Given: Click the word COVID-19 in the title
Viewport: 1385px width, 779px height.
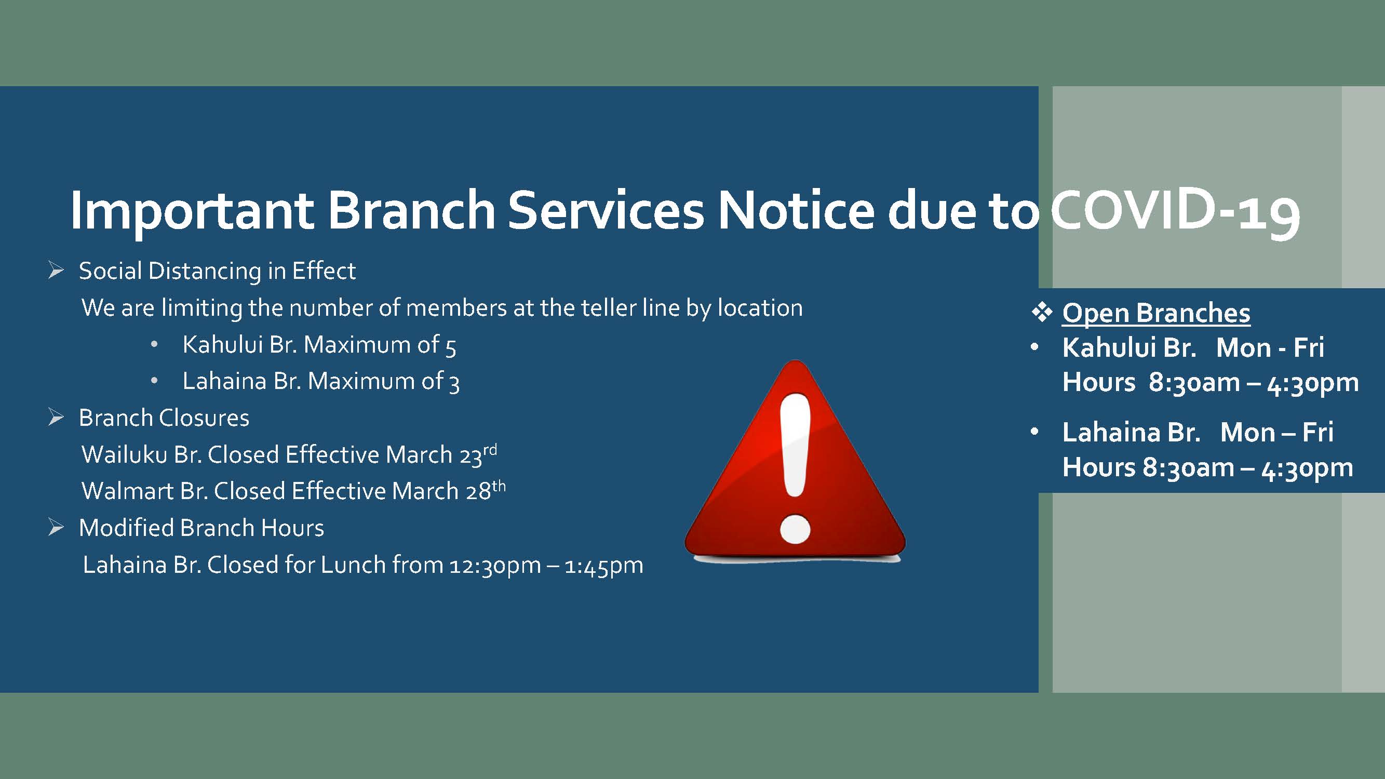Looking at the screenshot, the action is [x=1175, y=211].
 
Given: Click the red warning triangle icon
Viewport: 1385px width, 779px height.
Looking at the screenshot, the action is [x=795, y=461].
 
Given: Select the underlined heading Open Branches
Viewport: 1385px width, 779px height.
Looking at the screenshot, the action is [x=1156, y=313].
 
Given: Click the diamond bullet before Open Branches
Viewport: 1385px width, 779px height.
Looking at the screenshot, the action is [x=1041, y=312].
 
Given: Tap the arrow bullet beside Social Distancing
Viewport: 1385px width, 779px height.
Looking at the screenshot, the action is [x=56, y=271].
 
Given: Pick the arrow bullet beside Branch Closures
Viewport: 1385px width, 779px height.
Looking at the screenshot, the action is [x=56, y=417].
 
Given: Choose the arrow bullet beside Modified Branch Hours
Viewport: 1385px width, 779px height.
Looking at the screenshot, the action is [x=56, y=528].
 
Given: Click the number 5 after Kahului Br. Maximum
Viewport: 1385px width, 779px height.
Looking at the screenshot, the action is [x=451, y=347].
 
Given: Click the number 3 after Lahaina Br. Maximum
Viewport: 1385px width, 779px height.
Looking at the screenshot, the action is [x=454, y=383].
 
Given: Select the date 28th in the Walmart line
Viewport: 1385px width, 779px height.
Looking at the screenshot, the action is [x=486, y=490].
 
